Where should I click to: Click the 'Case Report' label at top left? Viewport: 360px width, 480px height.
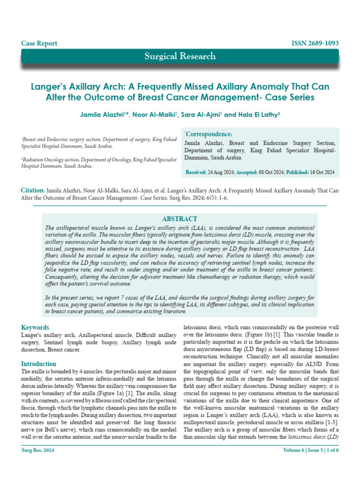coord(39,44)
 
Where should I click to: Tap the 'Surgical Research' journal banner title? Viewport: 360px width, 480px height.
coord(180,56)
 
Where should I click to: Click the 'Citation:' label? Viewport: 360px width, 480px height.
coord(33,191)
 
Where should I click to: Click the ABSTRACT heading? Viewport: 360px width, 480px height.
coord(180,219)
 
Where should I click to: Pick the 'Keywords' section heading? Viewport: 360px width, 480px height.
coord(35,327)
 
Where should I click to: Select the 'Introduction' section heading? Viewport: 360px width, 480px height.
coord(39,364)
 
